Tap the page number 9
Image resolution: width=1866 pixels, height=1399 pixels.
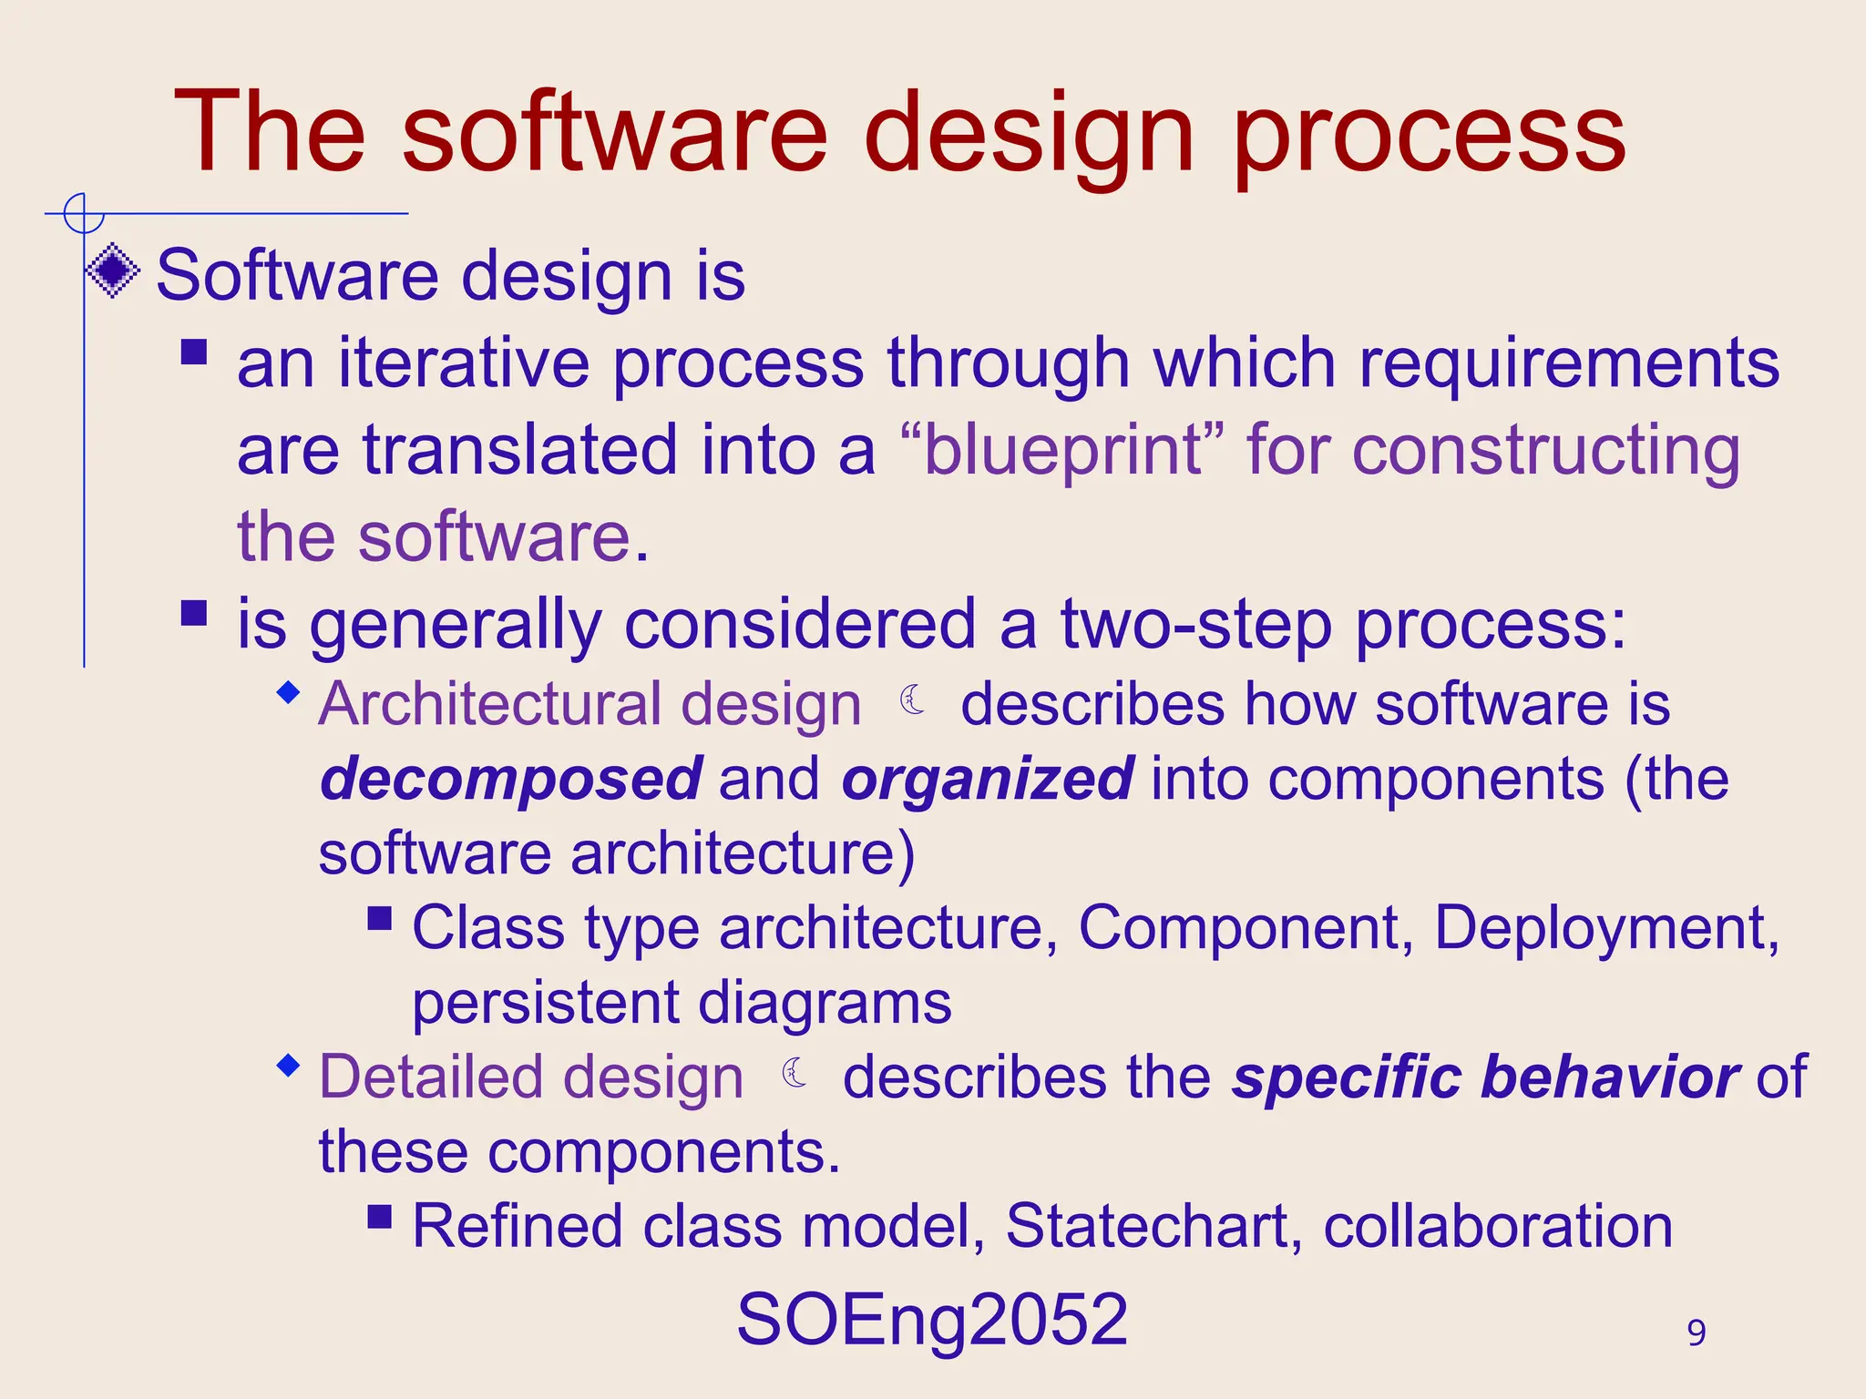(1696, 1333)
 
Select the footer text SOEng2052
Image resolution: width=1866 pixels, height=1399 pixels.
(932, 1319)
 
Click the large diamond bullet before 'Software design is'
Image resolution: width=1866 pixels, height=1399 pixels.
(113, 271)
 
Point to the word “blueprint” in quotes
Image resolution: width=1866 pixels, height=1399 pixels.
(1061, 450)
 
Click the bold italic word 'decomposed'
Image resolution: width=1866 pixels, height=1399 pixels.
(511, 780)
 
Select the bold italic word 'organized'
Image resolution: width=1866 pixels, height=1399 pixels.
(988, 780)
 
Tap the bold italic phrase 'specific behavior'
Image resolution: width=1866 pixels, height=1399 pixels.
(1486, 1077)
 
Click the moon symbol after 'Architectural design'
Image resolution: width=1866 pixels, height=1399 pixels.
(912, 700)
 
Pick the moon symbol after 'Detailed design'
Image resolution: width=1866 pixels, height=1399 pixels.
(795, 1072)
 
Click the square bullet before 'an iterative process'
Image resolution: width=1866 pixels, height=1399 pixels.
(194, 352)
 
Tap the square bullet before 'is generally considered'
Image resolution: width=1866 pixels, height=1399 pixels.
(194, 612)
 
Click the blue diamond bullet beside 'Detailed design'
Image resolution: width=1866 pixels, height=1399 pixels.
(289, 1065)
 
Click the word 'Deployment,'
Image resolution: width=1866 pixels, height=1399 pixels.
(1606, 928)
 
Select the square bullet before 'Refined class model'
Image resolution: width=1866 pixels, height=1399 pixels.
(380, 1216)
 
